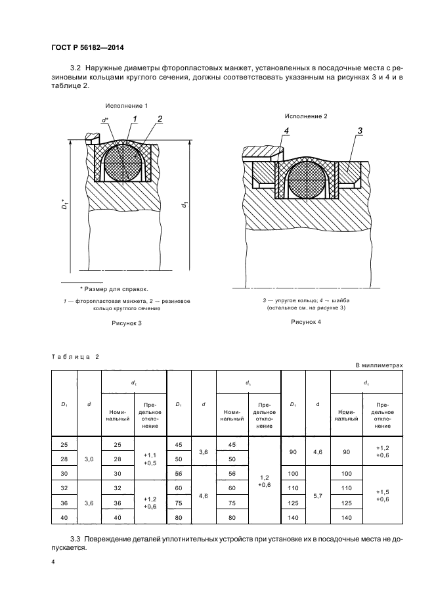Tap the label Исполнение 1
pyautogui.click(x=126, y=106)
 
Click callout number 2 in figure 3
pyautogui.click(x=160, y=119)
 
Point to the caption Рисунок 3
pyautogui.click(x=125, y=323)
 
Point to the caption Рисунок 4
pyautogui.click(x=307, y=322)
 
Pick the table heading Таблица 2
pyautogui.click(x=75, y=356)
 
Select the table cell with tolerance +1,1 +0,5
pyautogui.click(x=150, y=459)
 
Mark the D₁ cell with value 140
pyautogui.click(x=293, y=518)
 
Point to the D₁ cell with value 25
pyautogui.click(x=64, y=444)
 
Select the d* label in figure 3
pyautogui.click(x=105, y=120)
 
